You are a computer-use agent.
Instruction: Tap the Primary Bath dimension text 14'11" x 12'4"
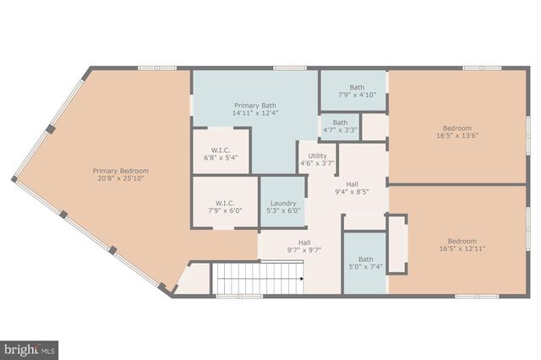(255, 112)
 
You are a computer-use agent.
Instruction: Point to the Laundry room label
(283, 203)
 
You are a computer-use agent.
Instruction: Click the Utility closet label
(317, 155)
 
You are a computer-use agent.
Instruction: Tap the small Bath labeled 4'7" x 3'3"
(340, 127)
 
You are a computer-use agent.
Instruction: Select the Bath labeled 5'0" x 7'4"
(365, 264)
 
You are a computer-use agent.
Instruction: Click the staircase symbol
(257, 276)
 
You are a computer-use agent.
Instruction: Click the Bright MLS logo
(29, 348)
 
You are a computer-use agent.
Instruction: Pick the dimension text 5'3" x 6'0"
(283, 211)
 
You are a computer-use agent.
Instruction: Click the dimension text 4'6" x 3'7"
(317, 164)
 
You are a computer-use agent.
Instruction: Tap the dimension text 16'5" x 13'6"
(457, 135)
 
